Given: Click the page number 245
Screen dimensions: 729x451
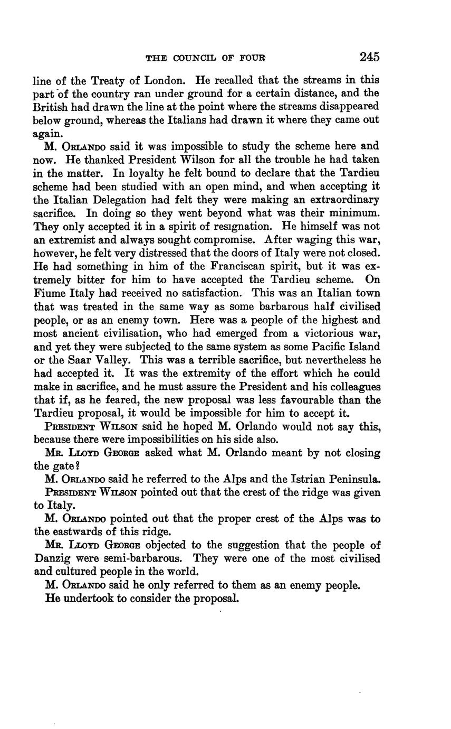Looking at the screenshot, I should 369,57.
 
